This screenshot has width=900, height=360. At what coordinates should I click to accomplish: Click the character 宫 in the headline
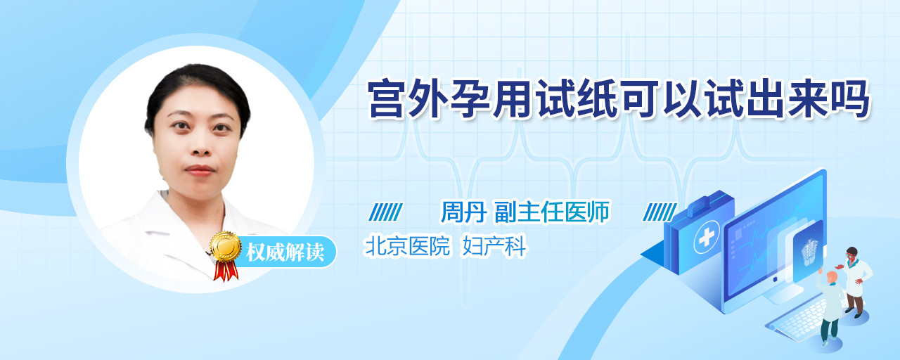[x=388, y=98]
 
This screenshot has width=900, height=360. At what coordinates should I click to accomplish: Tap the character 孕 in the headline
[x=472, y=98]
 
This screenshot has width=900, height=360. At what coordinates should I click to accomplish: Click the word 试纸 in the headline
[x=577, y=98]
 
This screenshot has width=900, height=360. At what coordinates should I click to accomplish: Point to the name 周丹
[x=464, y=212]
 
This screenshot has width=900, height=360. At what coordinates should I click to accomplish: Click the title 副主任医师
[x=552, y=212]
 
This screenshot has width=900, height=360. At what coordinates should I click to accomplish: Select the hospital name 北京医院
[x=407, y=245]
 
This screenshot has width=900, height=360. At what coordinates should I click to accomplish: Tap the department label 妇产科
[x=494, y=245]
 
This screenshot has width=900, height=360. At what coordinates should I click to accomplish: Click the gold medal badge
[x=226, y=246]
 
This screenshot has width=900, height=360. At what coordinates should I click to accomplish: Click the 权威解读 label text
[x=285, y=252]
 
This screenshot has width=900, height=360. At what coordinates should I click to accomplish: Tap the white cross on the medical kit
[x=706, y=238]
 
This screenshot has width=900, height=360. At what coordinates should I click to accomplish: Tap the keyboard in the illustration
[x=799, y=319]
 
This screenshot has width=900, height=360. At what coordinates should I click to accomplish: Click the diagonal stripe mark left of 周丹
[x=386, y=212]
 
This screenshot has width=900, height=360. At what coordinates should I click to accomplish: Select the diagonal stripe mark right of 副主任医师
[x=660, y=212]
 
